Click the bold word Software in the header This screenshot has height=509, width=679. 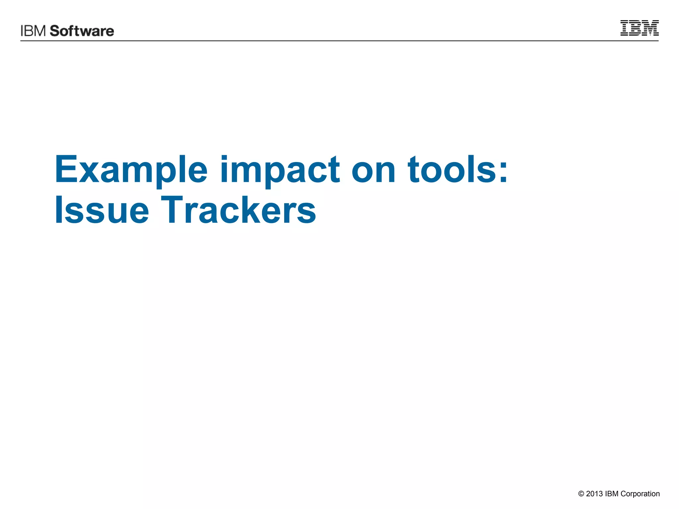tap(82, 31)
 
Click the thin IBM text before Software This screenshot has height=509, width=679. tap(33, 31)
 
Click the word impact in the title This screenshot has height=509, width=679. tap(279, 170)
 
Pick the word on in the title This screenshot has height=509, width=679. tap(373, 170)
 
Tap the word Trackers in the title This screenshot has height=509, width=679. tap(238, 210)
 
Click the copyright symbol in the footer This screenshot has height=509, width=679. tap(581, 494)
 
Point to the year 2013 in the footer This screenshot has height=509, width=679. tap(594, 494)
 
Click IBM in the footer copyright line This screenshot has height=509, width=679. tap(612, 494)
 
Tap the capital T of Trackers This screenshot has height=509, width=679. tap(171, 209)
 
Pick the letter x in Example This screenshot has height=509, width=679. tap(88, 173)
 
